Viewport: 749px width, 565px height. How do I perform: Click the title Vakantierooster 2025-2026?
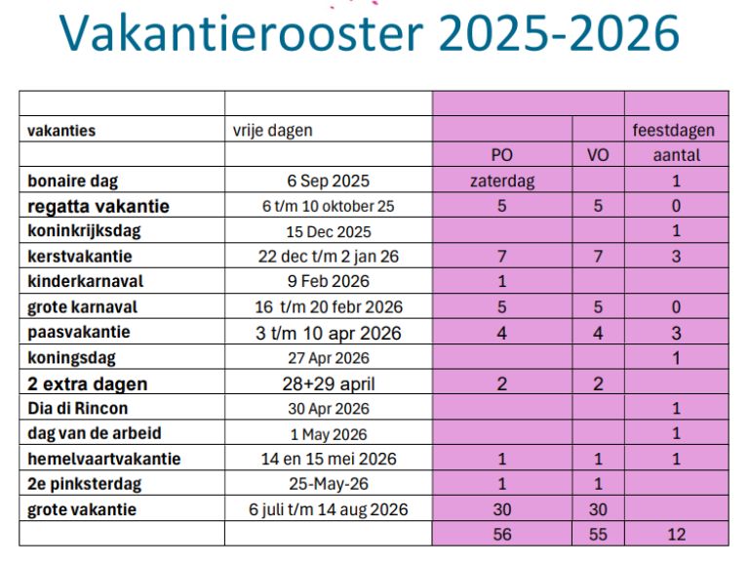click(370, 34)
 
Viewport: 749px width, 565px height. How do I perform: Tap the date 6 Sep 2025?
click(329, 181)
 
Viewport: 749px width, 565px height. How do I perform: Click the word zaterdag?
click(502, 181)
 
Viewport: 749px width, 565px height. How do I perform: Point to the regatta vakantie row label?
click(99, 206)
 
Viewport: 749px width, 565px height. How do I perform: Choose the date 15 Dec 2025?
click(329, 232)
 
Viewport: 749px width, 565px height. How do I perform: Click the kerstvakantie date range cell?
click(329, 257)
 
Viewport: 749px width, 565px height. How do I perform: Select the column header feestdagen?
click(676, 129)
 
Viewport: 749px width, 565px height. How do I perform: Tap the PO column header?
click(502, 155)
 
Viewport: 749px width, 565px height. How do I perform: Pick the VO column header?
click(598, 155)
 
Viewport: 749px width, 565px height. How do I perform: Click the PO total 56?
click(502, 535)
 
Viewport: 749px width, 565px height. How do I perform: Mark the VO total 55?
click(598, 535)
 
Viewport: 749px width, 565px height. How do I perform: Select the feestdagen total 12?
click(676, 535)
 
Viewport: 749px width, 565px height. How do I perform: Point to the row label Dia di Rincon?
click(78, 408)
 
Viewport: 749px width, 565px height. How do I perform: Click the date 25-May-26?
click(329, 484)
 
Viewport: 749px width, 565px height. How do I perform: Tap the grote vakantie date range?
click(329, 509)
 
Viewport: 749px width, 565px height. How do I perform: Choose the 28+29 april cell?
click(329, 383)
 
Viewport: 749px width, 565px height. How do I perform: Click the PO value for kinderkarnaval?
click(502, 282)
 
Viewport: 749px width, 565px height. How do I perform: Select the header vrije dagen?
click(272, 129)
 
